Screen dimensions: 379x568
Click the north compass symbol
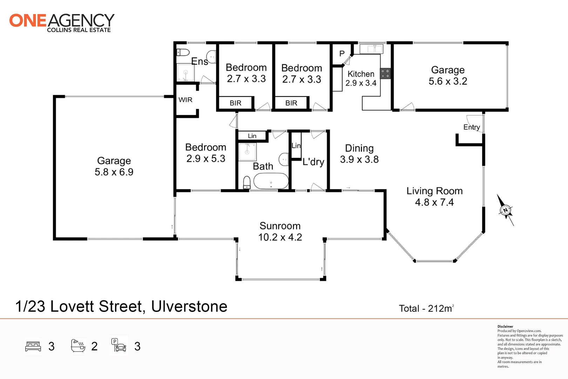click(505, 210)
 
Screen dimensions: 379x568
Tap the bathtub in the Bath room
click(271, 181)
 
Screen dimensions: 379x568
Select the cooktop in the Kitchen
click(385, 73)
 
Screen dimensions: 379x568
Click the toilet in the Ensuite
click(183, 52)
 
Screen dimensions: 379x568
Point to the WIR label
click(185, 100)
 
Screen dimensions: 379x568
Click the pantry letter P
click(342, 54)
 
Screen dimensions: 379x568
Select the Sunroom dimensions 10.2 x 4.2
click(280, 237)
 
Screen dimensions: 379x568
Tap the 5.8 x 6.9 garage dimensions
click(114, 172)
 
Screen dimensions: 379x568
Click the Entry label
click(472, 127)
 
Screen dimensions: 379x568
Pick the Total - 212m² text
click(426, 308)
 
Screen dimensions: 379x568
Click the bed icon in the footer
click(33, 346)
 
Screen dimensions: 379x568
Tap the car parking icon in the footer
click(119, 346)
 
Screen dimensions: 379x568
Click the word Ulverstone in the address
click(189, 306)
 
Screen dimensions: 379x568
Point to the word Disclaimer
click(505, 326)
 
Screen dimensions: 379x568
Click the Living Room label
click(434, 191)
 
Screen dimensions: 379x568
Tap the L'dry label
click(313, 162)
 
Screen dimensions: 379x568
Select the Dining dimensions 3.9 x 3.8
click(359, 160)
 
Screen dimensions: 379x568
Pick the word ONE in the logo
click(28, 21)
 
